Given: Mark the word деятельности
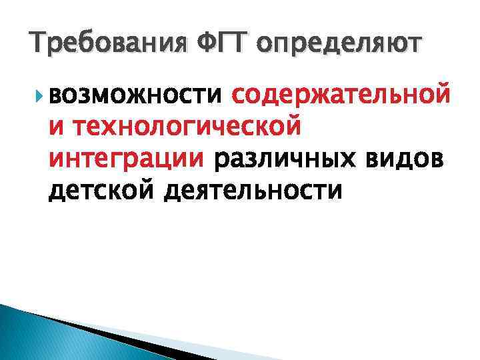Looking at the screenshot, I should [254, 191].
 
